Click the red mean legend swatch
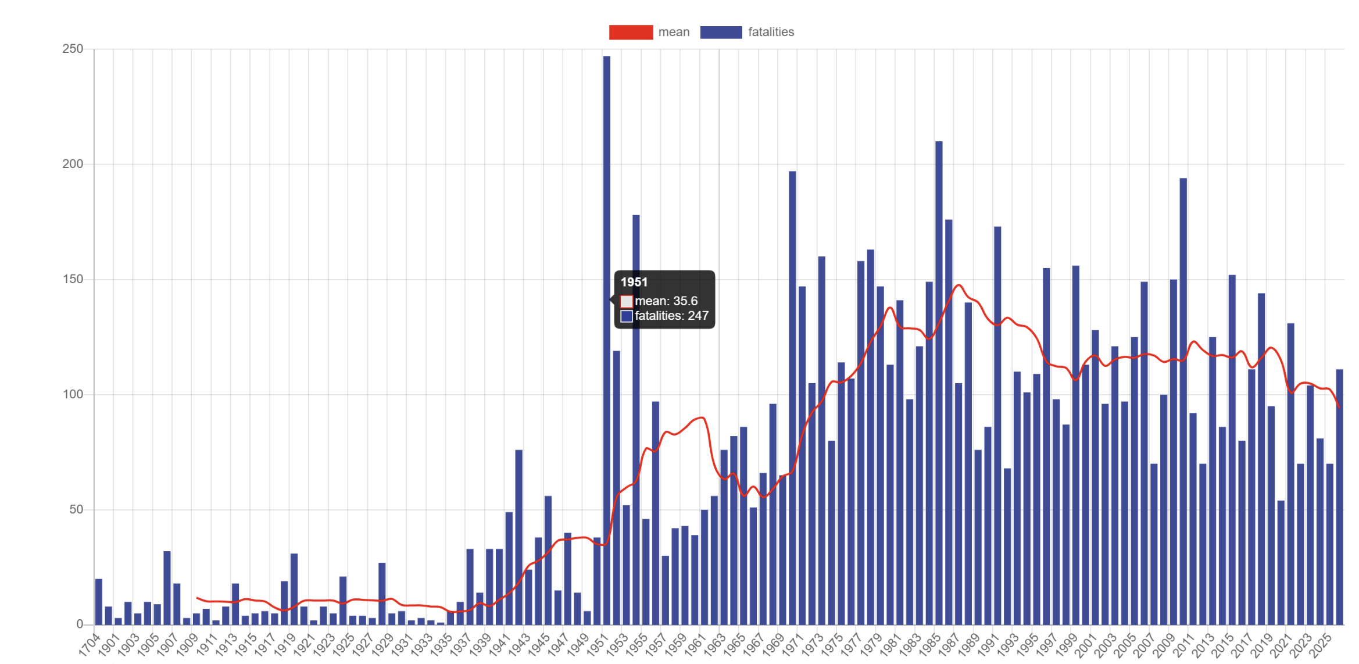(631, 32)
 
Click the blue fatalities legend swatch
(721, 32)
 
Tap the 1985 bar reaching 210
(939, 384)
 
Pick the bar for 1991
(997, 424)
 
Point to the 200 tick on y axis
(73, 164)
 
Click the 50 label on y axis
(76, 509)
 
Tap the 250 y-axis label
(73, 49)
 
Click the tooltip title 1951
(634, 282)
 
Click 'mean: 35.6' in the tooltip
(666, 301)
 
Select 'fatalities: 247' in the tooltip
(671, 316)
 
